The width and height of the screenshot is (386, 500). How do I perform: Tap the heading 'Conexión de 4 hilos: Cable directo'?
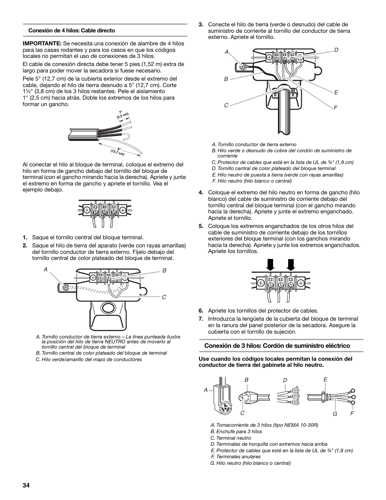71,30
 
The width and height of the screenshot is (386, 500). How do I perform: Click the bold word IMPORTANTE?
42,43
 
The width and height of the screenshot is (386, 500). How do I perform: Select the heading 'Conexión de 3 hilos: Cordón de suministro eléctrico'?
277,345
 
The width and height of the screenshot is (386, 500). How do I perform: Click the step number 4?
201,193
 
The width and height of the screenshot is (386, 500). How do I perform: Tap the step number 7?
201,319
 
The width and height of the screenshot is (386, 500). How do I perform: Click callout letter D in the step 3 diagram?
336,50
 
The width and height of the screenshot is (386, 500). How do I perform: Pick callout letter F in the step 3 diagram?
336,108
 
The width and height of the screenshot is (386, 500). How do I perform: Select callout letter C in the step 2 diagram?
164,297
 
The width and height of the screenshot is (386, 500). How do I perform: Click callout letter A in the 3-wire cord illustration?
206,390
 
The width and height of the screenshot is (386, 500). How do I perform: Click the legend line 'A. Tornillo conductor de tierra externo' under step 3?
254,145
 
